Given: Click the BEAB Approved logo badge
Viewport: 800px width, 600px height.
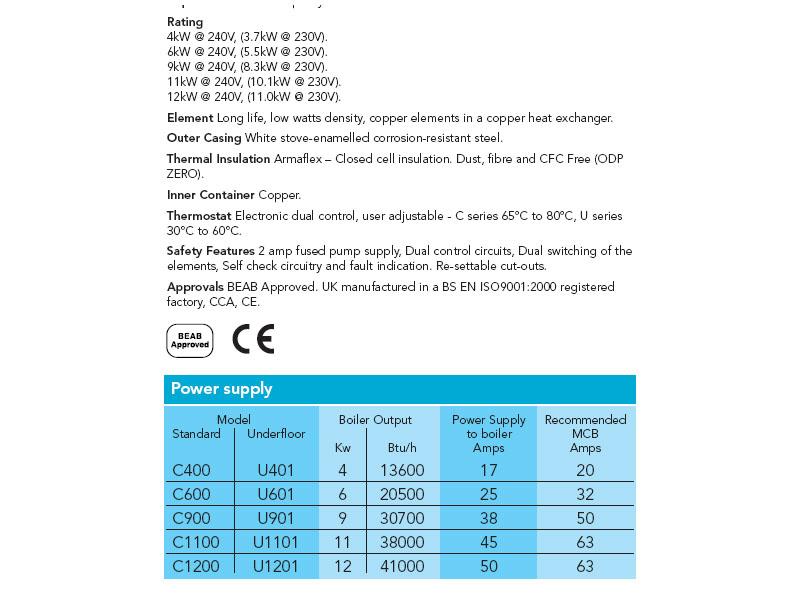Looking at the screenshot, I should point(189,340).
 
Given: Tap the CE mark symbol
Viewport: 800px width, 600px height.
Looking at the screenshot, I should point(253,340).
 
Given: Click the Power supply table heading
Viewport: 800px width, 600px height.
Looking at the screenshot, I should point(222,389).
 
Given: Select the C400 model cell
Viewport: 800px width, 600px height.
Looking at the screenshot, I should point(192,471).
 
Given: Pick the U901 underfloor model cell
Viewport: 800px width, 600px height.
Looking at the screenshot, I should point(276,519).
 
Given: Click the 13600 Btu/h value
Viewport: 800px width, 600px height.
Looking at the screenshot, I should point(404,471).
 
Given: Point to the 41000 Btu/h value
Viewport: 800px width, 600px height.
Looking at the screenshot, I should point(404,566).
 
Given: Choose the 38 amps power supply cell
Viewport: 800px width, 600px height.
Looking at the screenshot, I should point(489,519).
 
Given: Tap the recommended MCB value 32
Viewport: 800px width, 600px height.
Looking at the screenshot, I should point(585,495).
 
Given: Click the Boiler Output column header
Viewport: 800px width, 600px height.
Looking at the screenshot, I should point(375,420).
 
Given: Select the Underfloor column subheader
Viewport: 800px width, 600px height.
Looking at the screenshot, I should point(276,434).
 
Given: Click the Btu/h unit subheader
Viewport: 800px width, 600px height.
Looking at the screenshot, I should point(404,448).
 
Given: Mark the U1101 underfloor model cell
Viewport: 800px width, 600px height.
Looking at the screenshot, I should point(276,542).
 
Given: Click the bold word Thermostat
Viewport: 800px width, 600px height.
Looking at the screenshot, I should point(199,216).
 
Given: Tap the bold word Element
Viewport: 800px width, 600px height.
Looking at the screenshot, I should point(190,118).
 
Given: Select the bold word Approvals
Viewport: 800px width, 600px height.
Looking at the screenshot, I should point(195,287).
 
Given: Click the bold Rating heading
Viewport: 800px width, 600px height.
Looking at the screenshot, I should point(185,22).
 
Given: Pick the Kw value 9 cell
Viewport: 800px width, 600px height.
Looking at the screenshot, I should point(342,519).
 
